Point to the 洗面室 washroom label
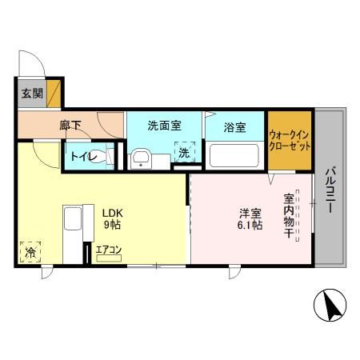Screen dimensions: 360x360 [x=164, y=126]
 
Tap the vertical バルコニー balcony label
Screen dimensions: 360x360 [x=330, y=190]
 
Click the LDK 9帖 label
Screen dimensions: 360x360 [x=110, y=219]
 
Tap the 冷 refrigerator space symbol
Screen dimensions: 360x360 [x=30, y=253]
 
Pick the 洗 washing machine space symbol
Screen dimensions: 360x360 [x=185, y=153]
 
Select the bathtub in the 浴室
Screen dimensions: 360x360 [x=235, y=154]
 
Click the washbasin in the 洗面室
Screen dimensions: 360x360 [x=142, y=157]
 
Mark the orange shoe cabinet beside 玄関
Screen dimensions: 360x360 [x=54, y=92]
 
